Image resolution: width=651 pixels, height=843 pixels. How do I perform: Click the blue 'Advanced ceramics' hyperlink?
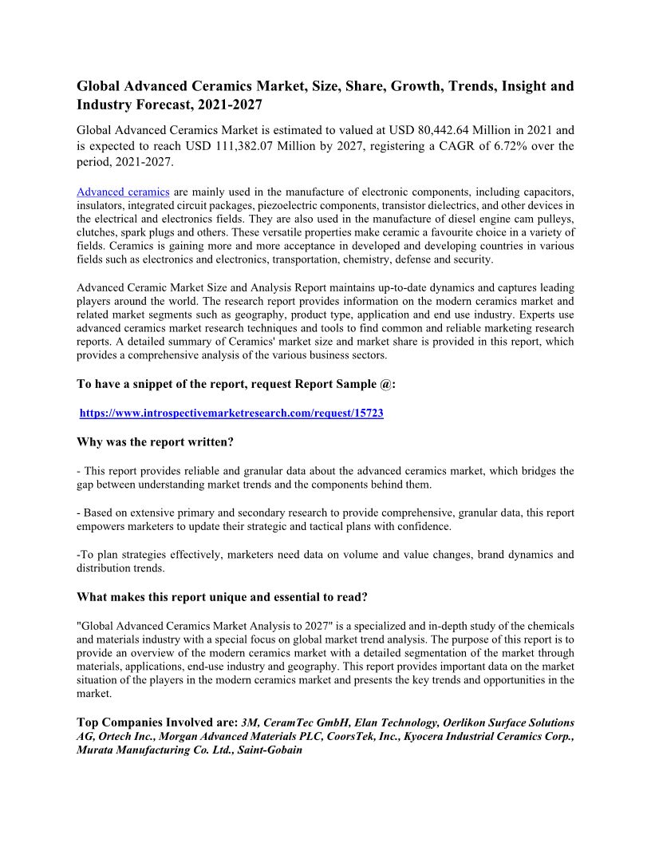click(123, 192)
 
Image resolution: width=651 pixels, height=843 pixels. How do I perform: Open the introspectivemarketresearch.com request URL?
click(231, 414)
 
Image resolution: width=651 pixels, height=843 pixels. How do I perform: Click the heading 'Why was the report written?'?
click(155, 441)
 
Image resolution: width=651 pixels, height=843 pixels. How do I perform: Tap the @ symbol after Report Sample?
click(389, 384)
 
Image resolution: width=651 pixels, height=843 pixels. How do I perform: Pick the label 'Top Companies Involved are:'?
click(157, 722)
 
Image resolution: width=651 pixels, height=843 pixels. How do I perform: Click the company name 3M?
click(251, 722)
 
